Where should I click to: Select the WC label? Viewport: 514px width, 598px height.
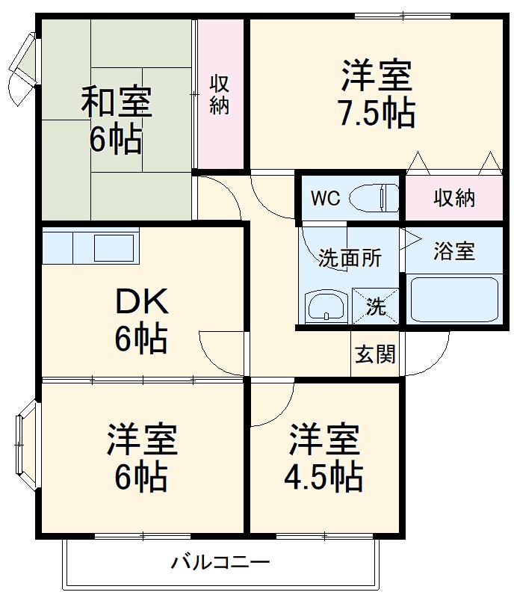326,198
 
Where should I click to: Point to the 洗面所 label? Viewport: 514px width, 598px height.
350,259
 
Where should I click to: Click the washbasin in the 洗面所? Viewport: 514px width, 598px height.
326,306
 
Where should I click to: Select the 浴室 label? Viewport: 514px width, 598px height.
453,252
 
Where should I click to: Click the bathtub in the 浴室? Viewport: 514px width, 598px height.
453,300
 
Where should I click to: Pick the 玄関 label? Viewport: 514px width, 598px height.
374,354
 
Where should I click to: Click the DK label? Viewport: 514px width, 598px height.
142,303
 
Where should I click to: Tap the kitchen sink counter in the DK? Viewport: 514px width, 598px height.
90,246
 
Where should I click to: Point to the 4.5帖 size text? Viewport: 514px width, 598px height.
325,476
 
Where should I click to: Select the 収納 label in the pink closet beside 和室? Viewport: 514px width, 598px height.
219,93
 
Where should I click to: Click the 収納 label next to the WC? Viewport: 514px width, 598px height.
453,198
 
